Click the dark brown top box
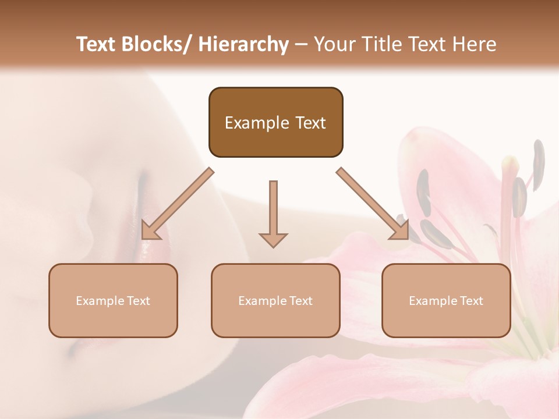pos(275,122)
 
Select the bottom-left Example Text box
pos(113,300)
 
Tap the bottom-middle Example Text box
pos(275,300)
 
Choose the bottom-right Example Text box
pos(446,300)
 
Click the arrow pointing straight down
pos(273,212)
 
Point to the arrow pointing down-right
pos(373,204)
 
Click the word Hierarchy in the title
pos(243,44)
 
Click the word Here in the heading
pos(474,44)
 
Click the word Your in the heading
pos(333,44)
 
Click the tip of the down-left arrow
pos(143,238)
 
